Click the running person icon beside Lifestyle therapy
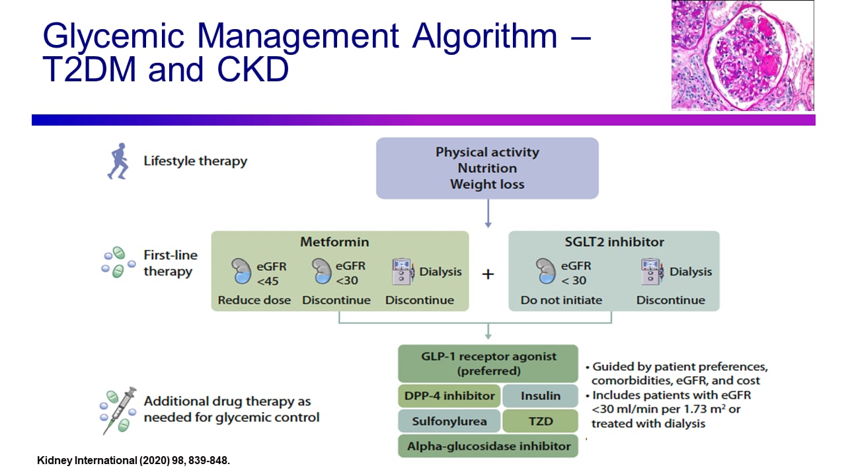(117, 161)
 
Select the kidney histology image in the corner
(742, 56)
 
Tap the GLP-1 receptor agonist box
(488, 363)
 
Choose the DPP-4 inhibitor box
(449, 396)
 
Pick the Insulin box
(540, 396)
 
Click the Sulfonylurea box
(449, 421)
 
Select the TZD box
(540, 421)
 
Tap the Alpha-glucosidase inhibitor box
(488, 446)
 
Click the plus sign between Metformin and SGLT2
(488, 274)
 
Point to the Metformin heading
(334, 242)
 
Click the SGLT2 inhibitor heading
(613, 242)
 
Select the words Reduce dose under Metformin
(254, 300)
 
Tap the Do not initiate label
(561, 300)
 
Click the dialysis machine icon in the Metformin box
(403, 272)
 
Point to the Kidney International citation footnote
(133, 460)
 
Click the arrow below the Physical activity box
(488, 214)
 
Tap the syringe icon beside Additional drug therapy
(119, 409)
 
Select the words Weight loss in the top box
(487, 184)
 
